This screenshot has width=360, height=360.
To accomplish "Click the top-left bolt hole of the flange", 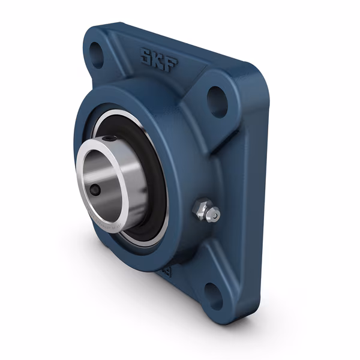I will tap(96, 51).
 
